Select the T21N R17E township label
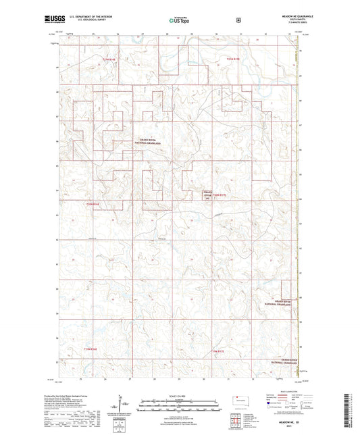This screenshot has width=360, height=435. point(233,59)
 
